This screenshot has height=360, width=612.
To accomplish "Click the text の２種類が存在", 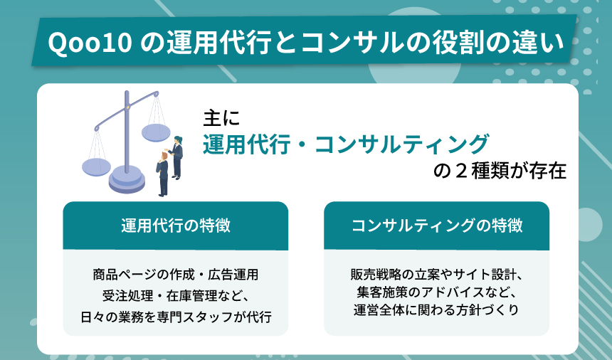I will pos(500,172).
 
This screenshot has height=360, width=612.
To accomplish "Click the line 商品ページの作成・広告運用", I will pos(175,274).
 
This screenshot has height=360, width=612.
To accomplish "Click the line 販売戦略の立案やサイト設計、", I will pos(436,274).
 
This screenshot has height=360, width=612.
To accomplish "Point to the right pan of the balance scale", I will pos(156,133).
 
